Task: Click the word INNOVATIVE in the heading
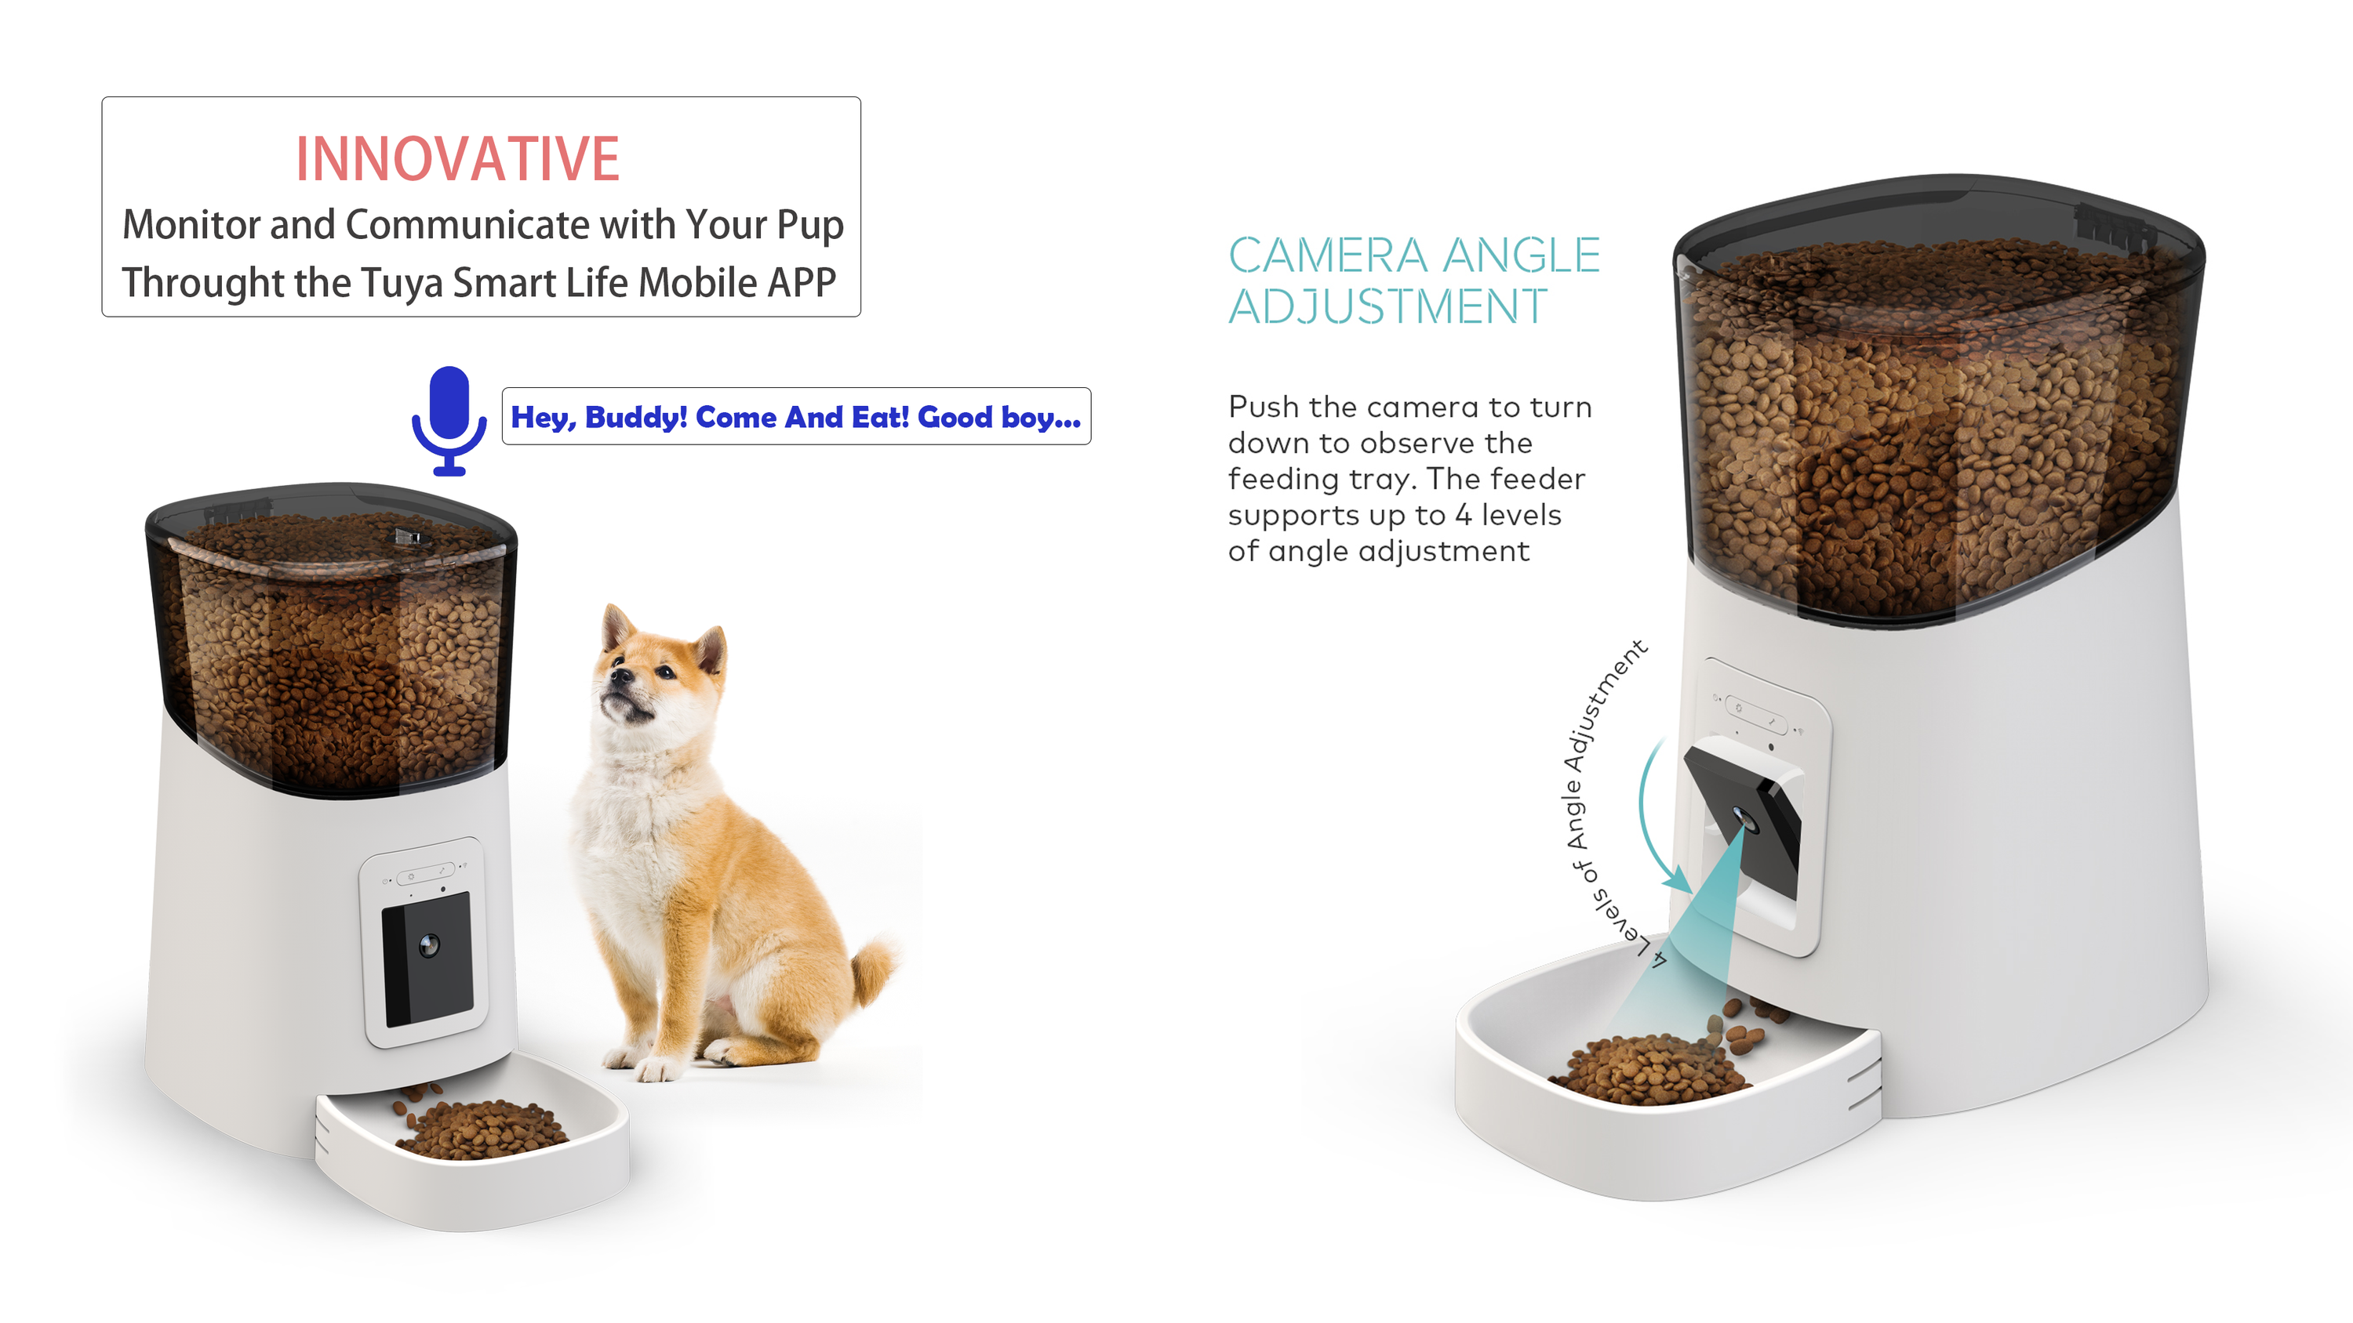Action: coord(457,159)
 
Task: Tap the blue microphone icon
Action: coord(449,421)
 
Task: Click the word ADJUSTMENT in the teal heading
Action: coord(1387,306)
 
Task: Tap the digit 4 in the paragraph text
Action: coord(1464,515)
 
